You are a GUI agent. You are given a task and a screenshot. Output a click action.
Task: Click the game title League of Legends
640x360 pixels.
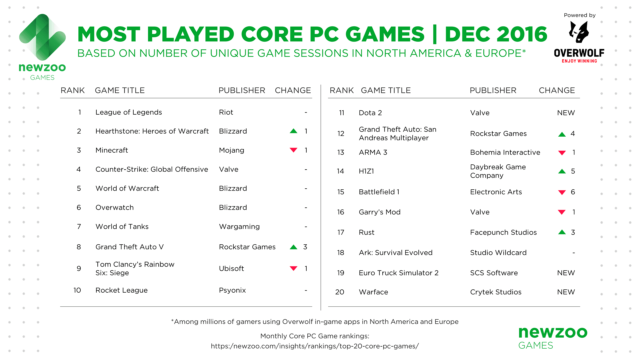pyautogui.click(x=129, y=112)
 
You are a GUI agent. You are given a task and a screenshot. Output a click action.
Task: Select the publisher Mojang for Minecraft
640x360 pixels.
pyautogui.click(x=231, y=150)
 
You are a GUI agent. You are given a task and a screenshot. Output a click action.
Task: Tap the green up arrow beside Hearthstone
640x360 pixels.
pyautogui.click(x=293, y=131)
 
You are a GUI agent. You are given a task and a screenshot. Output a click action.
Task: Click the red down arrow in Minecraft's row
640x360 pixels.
pyautogui.click(x=293, y=150)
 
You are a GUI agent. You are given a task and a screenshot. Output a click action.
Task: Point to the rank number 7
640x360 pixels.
pyautogui.click(x=79, y=227)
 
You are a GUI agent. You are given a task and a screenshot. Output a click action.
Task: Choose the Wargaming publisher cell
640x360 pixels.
pyautogui.click(x=239, y=227)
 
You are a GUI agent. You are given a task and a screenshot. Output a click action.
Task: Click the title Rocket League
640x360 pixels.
pyautogui.click(x=121, y=290)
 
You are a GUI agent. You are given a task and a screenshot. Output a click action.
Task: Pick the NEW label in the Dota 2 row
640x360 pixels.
pyautogui.click(x=566, y=113)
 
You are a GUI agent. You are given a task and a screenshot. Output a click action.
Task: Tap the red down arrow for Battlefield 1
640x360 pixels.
pyautogui.click(x=562, y=192)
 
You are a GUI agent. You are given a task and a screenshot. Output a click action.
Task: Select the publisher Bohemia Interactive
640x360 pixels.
pyautogui.click(x=505, y=152)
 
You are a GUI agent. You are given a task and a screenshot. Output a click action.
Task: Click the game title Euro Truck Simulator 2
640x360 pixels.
pyautogui.click(x=399, y=273)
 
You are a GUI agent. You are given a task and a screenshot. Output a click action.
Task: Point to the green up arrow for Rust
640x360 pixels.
pyautogui.click(x=562, y=232)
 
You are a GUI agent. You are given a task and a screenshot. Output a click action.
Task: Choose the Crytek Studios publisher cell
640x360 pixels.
pyautogui.click(x=496, y=292)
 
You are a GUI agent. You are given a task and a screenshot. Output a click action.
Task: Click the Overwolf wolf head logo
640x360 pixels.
pyautogui.click(x=579, y=32)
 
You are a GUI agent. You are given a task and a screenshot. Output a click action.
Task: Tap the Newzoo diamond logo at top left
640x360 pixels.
pyautogui.click(x=42, y=37)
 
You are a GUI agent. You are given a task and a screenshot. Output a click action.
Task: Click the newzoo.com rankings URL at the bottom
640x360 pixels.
pyautogui.click(x=315, y=346)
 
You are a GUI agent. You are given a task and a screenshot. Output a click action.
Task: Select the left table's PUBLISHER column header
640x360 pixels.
pyautogui.click(x=242, y=90)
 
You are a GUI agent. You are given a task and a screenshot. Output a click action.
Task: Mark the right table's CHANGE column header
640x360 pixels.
pyautogui.click(x=557, y=90)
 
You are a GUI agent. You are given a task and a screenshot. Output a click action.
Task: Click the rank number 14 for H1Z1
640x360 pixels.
pyautogui.click(x=340, y=171)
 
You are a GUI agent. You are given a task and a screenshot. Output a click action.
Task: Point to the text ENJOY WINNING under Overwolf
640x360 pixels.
pyautogui.click(x=579, y=61)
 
